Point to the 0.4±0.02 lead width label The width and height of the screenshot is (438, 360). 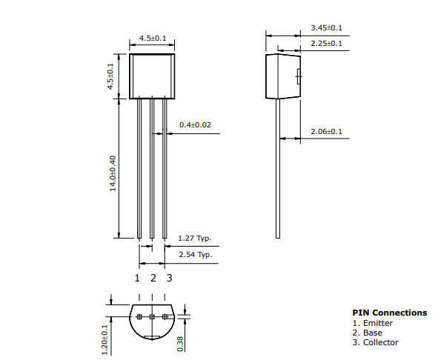(x=195, y=125)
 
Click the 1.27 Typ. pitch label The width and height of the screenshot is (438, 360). (x=194, y=239)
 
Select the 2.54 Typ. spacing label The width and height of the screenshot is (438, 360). (x=194, y=255)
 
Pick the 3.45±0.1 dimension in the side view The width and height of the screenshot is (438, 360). (x=326, y=28)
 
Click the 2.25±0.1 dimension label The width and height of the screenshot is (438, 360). (x=326, y=44)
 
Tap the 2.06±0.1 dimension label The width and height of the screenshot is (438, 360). (x=326, y=132)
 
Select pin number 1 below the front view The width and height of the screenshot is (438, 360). (x=137, y=278)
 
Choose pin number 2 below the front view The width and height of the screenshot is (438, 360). (x=153, y=278)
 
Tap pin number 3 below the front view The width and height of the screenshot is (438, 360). (x=169, y=278)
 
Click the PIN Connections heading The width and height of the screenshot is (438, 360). (x=389, y=313)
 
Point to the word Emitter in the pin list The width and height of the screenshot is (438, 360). (x=378, y=323)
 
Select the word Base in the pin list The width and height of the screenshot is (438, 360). (x=373, y=333)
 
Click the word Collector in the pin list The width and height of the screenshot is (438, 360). (x=380, y=342)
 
